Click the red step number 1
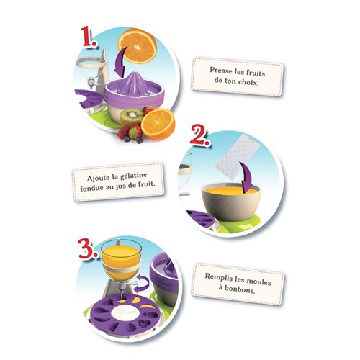tap(88, 37)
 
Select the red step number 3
tap(89, 248)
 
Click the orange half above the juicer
tap(137, 46)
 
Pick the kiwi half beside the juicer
tap(131, 117)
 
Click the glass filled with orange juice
tap(121, 261)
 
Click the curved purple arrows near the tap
tap(141, 284)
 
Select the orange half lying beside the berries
tap(158, 125)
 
